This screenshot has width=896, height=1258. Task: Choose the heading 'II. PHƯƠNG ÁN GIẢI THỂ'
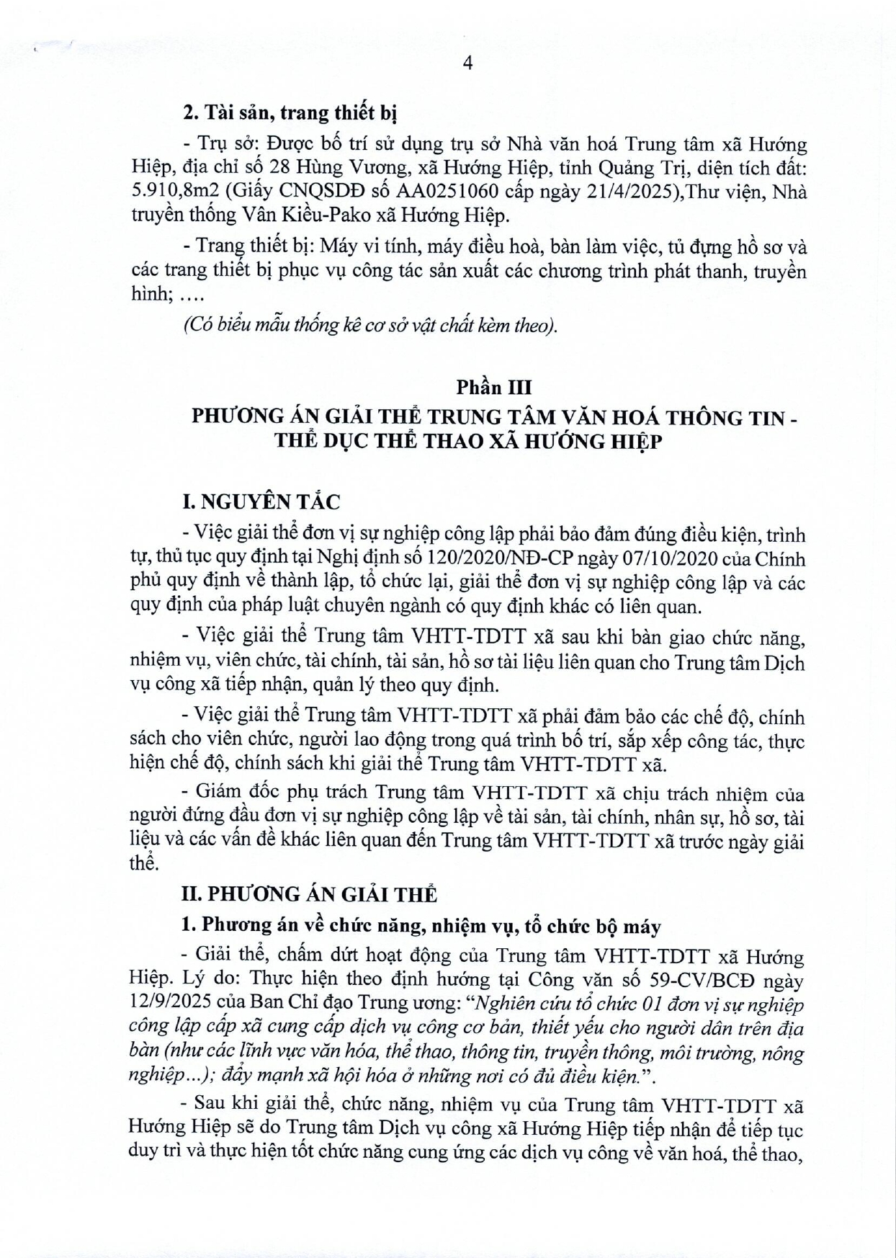tap(310, 895)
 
